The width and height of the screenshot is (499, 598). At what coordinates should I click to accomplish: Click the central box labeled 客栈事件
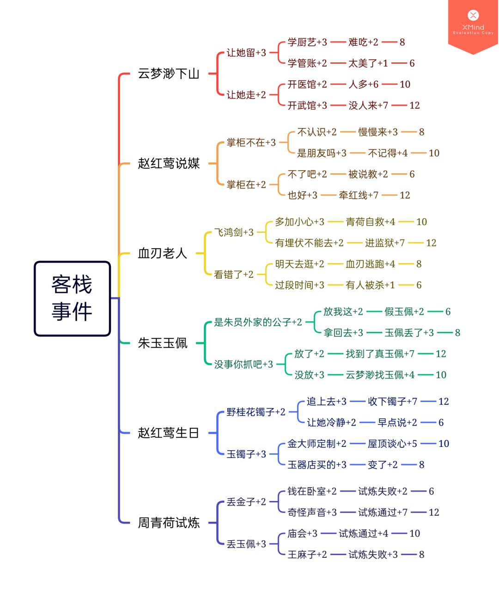click(72, 298)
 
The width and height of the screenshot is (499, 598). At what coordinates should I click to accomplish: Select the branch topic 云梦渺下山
click(169, 73)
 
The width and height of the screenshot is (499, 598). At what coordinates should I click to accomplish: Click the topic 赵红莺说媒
click(169, 163)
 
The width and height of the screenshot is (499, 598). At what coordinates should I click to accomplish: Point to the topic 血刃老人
click(162, 253)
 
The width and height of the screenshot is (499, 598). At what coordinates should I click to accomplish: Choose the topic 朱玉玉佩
click(162, 343)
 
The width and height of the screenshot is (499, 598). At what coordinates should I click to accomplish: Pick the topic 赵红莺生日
click(168, 433)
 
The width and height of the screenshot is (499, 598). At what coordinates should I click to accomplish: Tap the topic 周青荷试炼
click(169, 523)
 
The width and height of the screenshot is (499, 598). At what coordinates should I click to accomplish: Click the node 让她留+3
click(246, 53)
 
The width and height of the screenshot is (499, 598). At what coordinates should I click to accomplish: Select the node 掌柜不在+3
click(251, 142)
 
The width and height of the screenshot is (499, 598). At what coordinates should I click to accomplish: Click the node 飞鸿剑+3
click(234, 232)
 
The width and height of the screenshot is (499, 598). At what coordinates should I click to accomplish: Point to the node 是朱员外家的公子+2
click(258, 322)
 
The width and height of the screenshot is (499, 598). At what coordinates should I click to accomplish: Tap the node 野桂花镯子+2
click(256, 412)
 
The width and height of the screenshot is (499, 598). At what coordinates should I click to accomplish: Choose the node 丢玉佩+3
click(246, 544)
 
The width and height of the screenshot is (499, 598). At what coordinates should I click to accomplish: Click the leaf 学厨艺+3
click(307, 42)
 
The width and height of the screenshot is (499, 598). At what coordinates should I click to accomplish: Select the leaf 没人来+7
click(368, 105)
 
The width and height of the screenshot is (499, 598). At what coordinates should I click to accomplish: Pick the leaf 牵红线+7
click(359, 195)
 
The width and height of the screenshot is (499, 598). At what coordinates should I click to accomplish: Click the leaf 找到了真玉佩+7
click(380, 354)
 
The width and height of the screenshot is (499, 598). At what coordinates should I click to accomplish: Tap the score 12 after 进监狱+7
click(431, 243)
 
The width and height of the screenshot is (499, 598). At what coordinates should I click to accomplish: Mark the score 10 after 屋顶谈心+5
click(444, 444)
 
